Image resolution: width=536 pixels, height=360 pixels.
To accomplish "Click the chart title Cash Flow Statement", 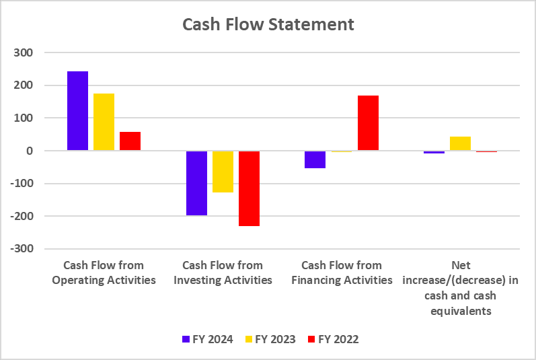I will point(268,25).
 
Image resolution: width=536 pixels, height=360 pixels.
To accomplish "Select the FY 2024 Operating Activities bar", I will point(77,111).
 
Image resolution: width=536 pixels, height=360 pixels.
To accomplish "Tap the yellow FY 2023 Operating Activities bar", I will point(104,122).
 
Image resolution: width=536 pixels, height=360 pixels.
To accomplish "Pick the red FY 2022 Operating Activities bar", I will point(130,141).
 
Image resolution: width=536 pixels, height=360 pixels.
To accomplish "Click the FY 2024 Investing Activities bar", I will point(196,183).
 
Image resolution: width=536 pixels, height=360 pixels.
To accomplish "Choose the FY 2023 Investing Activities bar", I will point(223,172).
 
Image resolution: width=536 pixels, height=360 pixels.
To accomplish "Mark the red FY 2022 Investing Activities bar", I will point(249,188).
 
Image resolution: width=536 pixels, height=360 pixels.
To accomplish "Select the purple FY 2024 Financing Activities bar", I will point(315,159).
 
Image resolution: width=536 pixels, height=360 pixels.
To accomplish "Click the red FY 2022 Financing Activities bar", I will point(368,123).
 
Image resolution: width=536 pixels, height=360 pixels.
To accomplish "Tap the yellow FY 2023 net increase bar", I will point(460,144).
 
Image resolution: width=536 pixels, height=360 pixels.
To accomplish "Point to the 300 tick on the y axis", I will point(32,52).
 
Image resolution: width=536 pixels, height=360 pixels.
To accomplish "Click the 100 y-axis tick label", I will point(32,118).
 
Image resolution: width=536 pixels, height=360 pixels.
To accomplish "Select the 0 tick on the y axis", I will point(38,151).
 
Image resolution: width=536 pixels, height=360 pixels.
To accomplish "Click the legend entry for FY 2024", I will point(207,339).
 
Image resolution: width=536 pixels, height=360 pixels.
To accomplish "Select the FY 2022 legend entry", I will point(332,339).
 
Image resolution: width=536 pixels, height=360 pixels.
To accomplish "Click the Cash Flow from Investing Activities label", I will point(223,273).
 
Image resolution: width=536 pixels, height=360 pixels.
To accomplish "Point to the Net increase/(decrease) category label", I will point(461,288).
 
